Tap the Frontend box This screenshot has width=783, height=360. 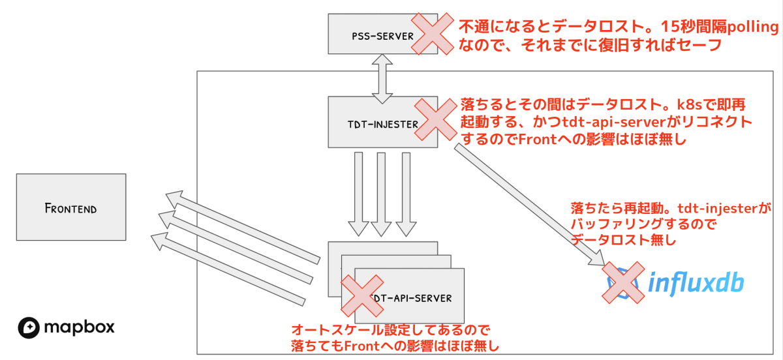(x=71, y=207)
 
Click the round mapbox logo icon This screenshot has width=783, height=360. (x=29, y=326)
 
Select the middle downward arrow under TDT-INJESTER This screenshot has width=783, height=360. (x=381, y=194)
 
